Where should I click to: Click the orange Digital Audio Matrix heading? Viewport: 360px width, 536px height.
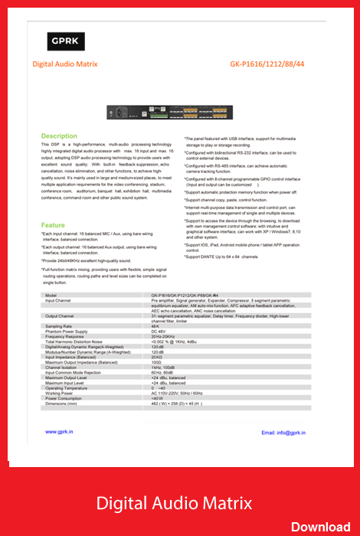(x=65, y=65)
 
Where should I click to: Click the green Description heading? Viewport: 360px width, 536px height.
(x=59, y=136)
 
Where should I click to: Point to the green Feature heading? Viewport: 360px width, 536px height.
(x=53, y=225)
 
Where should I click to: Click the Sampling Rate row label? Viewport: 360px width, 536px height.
(x=59, y=325)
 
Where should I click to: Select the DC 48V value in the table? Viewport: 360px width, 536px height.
(x=159, y=331)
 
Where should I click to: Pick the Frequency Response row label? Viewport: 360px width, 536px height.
(x=65, y=336)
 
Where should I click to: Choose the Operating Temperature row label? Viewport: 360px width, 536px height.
(x=67, y=387)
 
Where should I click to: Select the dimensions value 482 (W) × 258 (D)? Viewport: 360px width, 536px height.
(x=176, y=404)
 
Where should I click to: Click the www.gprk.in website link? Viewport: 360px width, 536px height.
(x=59, y=433)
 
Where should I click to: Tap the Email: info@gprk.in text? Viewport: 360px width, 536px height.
(x=283, y=433)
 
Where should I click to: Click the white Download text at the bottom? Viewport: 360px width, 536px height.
(x=320, y=526)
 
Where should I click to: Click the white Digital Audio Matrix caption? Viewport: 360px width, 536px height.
(x=174, y=503)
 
